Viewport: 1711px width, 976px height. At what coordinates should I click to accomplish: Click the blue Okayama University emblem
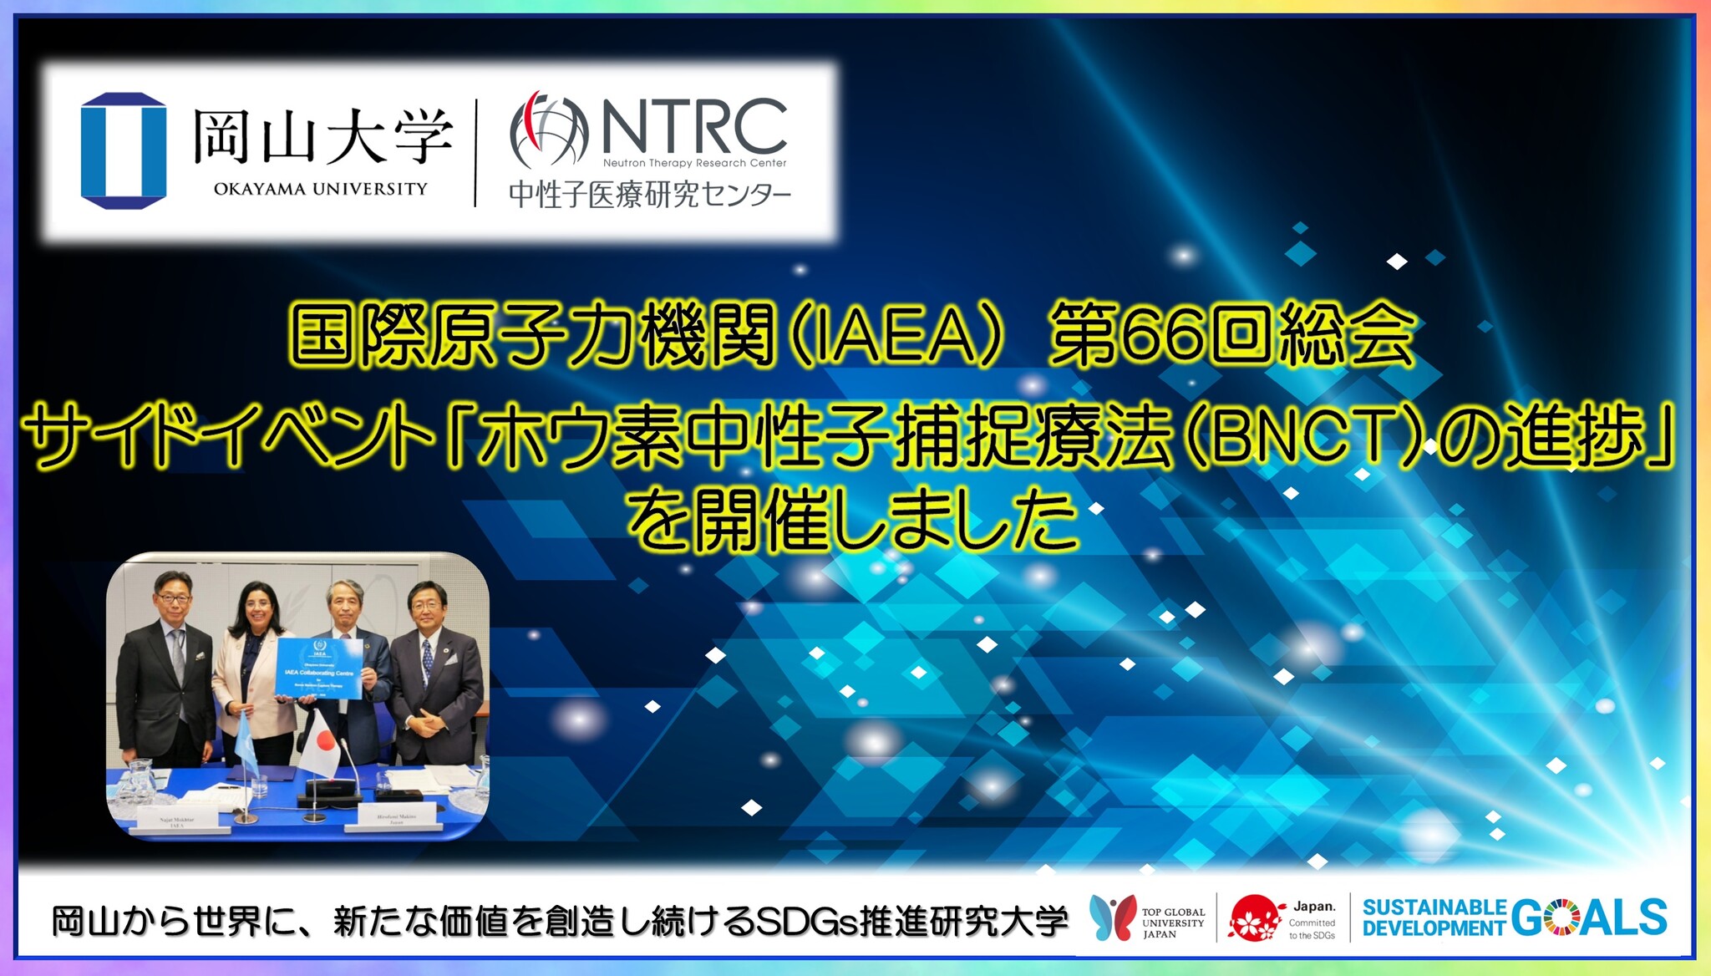[x=124, y=150]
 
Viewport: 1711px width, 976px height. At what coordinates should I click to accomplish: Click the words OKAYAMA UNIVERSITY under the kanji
[x=320, y=190]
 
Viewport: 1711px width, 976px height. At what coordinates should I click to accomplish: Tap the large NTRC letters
[x=694, y=126]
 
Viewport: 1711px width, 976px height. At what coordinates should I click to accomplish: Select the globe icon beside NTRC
[x=549, y=130]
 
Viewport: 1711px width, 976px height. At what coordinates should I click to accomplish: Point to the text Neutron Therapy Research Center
[x=694, y=164]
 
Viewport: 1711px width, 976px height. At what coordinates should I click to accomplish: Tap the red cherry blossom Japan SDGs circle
[x=1256, y=918]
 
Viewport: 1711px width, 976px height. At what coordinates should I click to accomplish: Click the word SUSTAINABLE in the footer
[x=1434, y=907]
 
